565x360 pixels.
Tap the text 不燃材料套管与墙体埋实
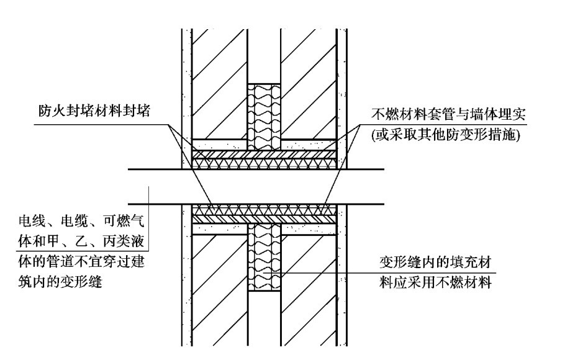(444, 115)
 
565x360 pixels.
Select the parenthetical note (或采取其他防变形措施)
(445, 135)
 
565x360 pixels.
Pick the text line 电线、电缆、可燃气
(83, 222)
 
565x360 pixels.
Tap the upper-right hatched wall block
(308, 81)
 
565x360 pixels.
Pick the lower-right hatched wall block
(308, 286)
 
